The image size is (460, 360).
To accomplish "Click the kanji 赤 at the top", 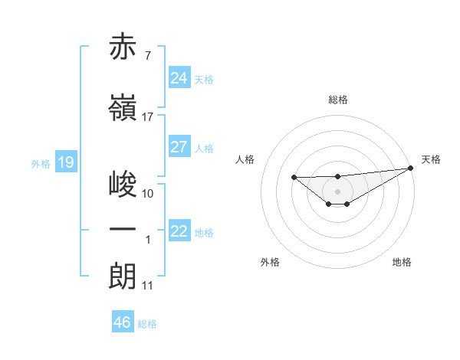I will pos(123,47).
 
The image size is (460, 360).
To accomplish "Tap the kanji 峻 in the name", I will pos(123,184).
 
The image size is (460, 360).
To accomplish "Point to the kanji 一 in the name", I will pos(123,229).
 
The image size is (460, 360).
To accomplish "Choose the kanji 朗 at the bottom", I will pos(123,276).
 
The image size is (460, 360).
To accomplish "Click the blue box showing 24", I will pos(179,78).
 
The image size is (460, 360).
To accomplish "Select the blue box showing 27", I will pos(179,147).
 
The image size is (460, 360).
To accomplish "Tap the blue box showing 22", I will pos(179,231).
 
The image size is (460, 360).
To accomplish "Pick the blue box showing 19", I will pos(65,162).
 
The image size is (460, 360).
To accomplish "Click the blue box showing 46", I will pos(123,322).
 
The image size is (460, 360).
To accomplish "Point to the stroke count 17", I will pos(148,117).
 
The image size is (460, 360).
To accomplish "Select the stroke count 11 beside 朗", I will pos(148,286).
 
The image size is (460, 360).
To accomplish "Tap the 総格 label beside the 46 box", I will pos(147,324).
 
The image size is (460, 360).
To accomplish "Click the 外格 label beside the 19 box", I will pos(40,163).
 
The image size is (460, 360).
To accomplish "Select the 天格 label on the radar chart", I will pos(431,159).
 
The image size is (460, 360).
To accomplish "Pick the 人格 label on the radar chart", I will pos(245,159).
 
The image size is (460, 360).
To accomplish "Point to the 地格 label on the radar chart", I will pos(402,262).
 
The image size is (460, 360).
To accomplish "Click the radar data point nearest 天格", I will pos(410,168).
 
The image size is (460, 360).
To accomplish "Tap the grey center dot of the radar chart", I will pos(337,191).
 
